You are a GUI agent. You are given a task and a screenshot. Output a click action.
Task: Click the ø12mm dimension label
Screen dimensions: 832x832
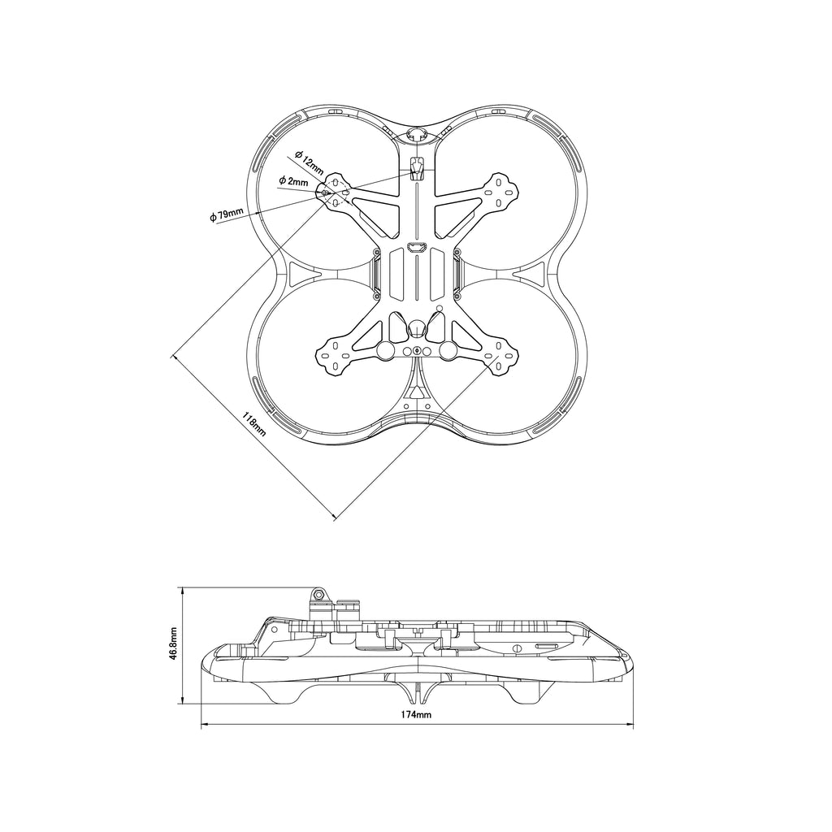coord(310,162)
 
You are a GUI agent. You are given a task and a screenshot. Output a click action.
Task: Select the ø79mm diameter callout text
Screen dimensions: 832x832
coord(227,215)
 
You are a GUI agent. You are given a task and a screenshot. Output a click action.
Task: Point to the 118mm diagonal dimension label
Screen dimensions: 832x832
coord(255,424)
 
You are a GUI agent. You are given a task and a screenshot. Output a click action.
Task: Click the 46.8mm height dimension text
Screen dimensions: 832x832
coord(173,644)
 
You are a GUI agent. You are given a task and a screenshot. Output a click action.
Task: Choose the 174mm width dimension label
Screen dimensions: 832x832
coord(416,714)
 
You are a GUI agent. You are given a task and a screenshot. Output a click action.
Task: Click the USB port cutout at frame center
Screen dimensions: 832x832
coord(417,247)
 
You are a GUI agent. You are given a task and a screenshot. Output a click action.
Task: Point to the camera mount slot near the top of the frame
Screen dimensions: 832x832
coord(418,168)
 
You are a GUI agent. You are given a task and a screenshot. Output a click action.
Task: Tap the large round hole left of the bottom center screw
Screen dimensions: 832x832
coord(384,351)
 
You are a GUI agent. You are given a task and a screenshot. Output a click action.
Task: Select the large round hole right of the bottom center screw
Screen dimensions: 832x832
coord(448,351)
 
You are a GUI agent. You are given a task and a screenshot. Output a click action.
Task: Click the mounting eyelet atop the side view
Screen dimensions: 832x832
coord(319,594)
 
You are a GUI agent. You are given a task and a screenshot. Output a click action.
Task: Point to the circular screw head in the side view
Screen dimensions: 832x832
coord(517,648)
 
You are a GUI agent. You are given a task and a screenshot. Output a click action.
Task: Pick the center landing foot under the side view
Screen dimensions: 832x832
coord(417,691)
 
